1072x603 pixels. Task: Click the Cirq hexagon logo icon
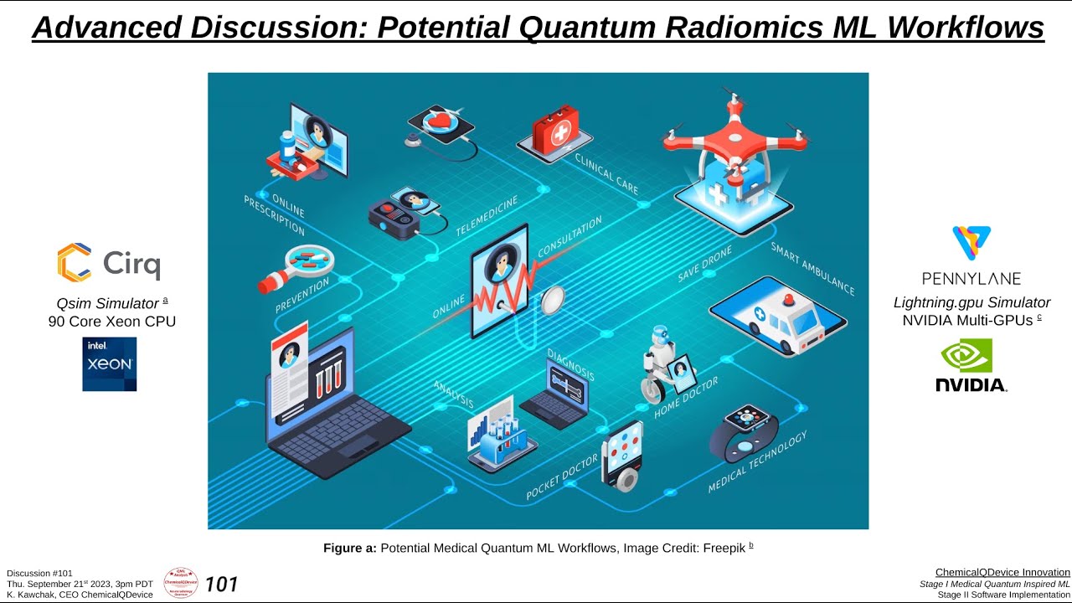tap(74, 262)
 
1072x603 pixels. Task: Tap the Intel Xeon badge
tap(109, 364)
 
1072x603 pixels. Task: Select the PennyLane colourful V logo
tap(971, 244)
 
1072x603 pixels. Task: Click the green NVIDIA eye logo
tap(967, 355)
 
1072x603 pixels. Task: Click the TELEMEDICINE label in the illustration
tap(487, 214)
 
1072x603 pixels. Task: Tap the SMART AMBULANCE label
tap(812, 268)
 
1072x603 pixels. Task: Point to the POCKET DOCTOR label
tap(562, 477)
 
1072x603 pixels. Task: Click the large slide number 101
tap(221, 584)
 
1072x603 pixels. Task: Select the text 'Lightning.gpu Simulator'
tap(971, 302)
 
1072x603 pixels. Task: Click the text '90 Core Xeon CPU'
tap(112, 322)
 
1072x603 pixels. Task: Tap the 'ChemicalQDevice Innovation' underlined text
tap(1002, 572)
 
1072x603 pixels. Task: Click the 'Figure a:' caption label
tap(349, 548)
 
